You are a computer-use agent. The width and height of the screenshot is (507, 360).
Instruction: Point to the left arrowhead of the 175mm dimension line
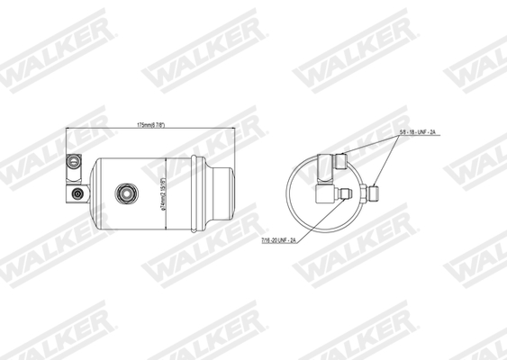[x=70, y=129]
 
